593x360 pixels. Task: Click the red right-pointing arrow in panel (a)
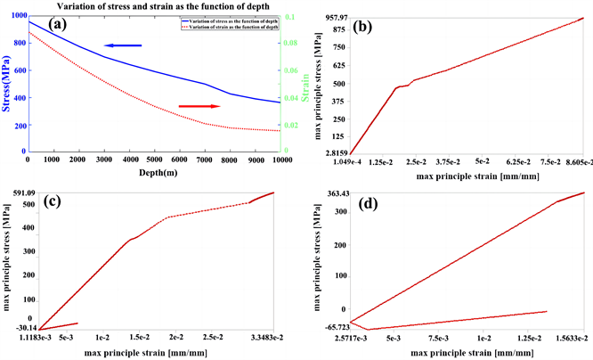click(199, 106)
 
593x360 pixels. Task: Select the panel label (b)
click(367, 27)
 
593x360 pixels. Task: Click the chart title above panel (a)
click(157, 5)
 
